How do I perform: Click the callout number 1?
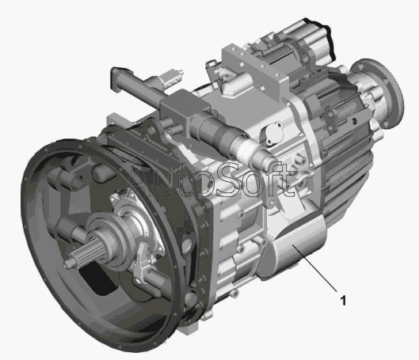[x=343, y=301]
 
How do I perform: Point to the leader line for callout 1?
[x=315, y=267]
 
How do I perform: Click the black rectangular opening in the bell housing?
[x=97, y=279]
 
